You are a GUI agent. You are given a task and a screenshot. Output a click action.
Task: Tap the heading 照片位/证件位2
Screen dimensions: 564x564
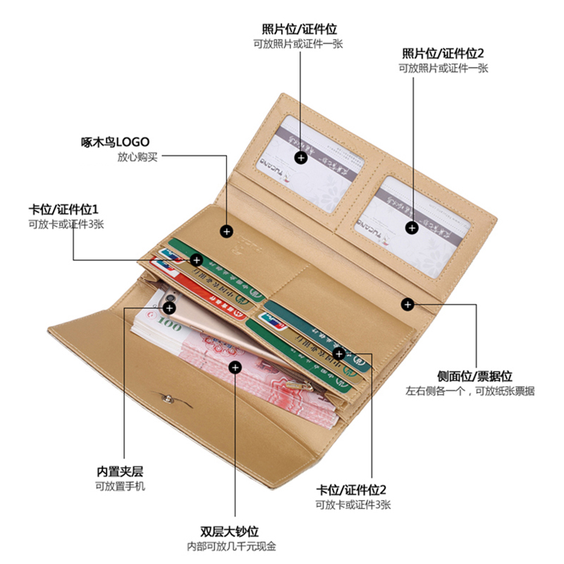pos(443,54)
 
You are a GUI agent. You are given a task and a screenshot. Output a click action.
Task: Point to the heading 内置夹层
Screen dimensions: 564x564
pos(120,472)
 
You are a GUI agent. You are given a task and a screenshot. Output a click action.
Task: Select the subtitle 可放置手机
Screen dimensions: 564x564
pos(120,486)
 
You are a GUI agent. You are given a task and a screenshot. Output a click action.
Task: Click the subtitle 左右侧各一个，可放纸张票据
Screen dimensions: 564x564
pos(470,391)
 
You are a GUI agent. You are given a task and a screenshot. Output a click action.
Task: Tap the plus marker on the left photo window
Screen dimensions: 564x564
pos(301,158)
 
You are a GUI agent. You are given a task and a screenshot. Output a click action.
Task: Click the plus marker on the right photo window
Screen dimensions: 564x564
pos(412,227)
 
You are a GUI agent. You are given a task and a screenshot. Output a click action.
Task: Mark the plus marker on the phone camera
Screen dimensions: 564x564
pos(169,307)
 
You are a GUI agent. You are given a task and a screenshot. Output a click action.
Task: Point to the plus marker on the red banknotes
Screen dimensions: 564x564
pos(235,367)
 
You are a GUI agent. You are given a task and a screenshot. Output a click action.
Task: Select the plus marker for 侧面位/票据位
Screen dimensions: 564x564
pos(407,304)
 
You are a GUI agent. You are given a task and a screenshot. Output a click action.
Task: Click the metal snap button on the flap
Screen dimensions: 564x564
pos(166,400)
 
